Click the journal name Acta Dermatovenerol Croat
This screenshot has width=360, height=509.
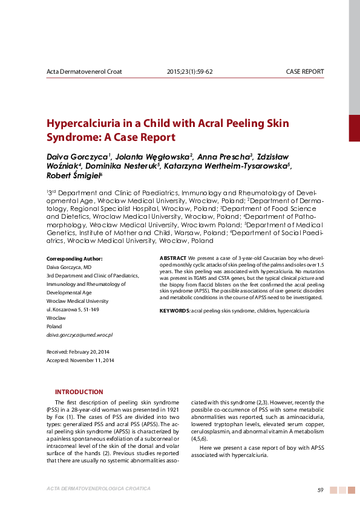(x=84, y=71)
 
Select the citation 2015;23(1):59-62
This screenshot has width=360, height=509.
(x=189, y=71)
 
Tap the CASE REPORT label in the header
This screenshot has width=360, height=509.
(x=304, y=71)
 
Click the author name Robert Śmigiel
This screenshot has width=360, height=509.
(x=74, y=176)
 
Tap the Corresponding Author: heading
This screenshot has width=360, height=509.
(x=74, y=258)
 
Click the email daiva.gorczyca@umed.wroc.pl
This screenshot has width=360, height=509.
(x=79, y=334)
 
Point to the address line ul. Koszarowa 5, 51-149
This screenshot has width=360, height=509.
(x=73, y=309)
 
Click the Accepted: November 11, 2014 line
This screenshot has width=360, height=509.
(x=80, y=360)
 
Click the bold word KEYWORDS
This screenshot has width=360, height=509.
(x=174, y=310)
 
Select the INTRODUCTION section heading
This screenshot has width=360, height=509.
(x=79, y=392)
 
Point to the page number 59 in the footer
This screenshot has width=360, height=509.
(x=321, y=490)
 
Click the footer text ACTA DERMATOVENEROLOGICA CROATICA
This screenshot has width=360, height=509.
(x=98, y=488)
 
